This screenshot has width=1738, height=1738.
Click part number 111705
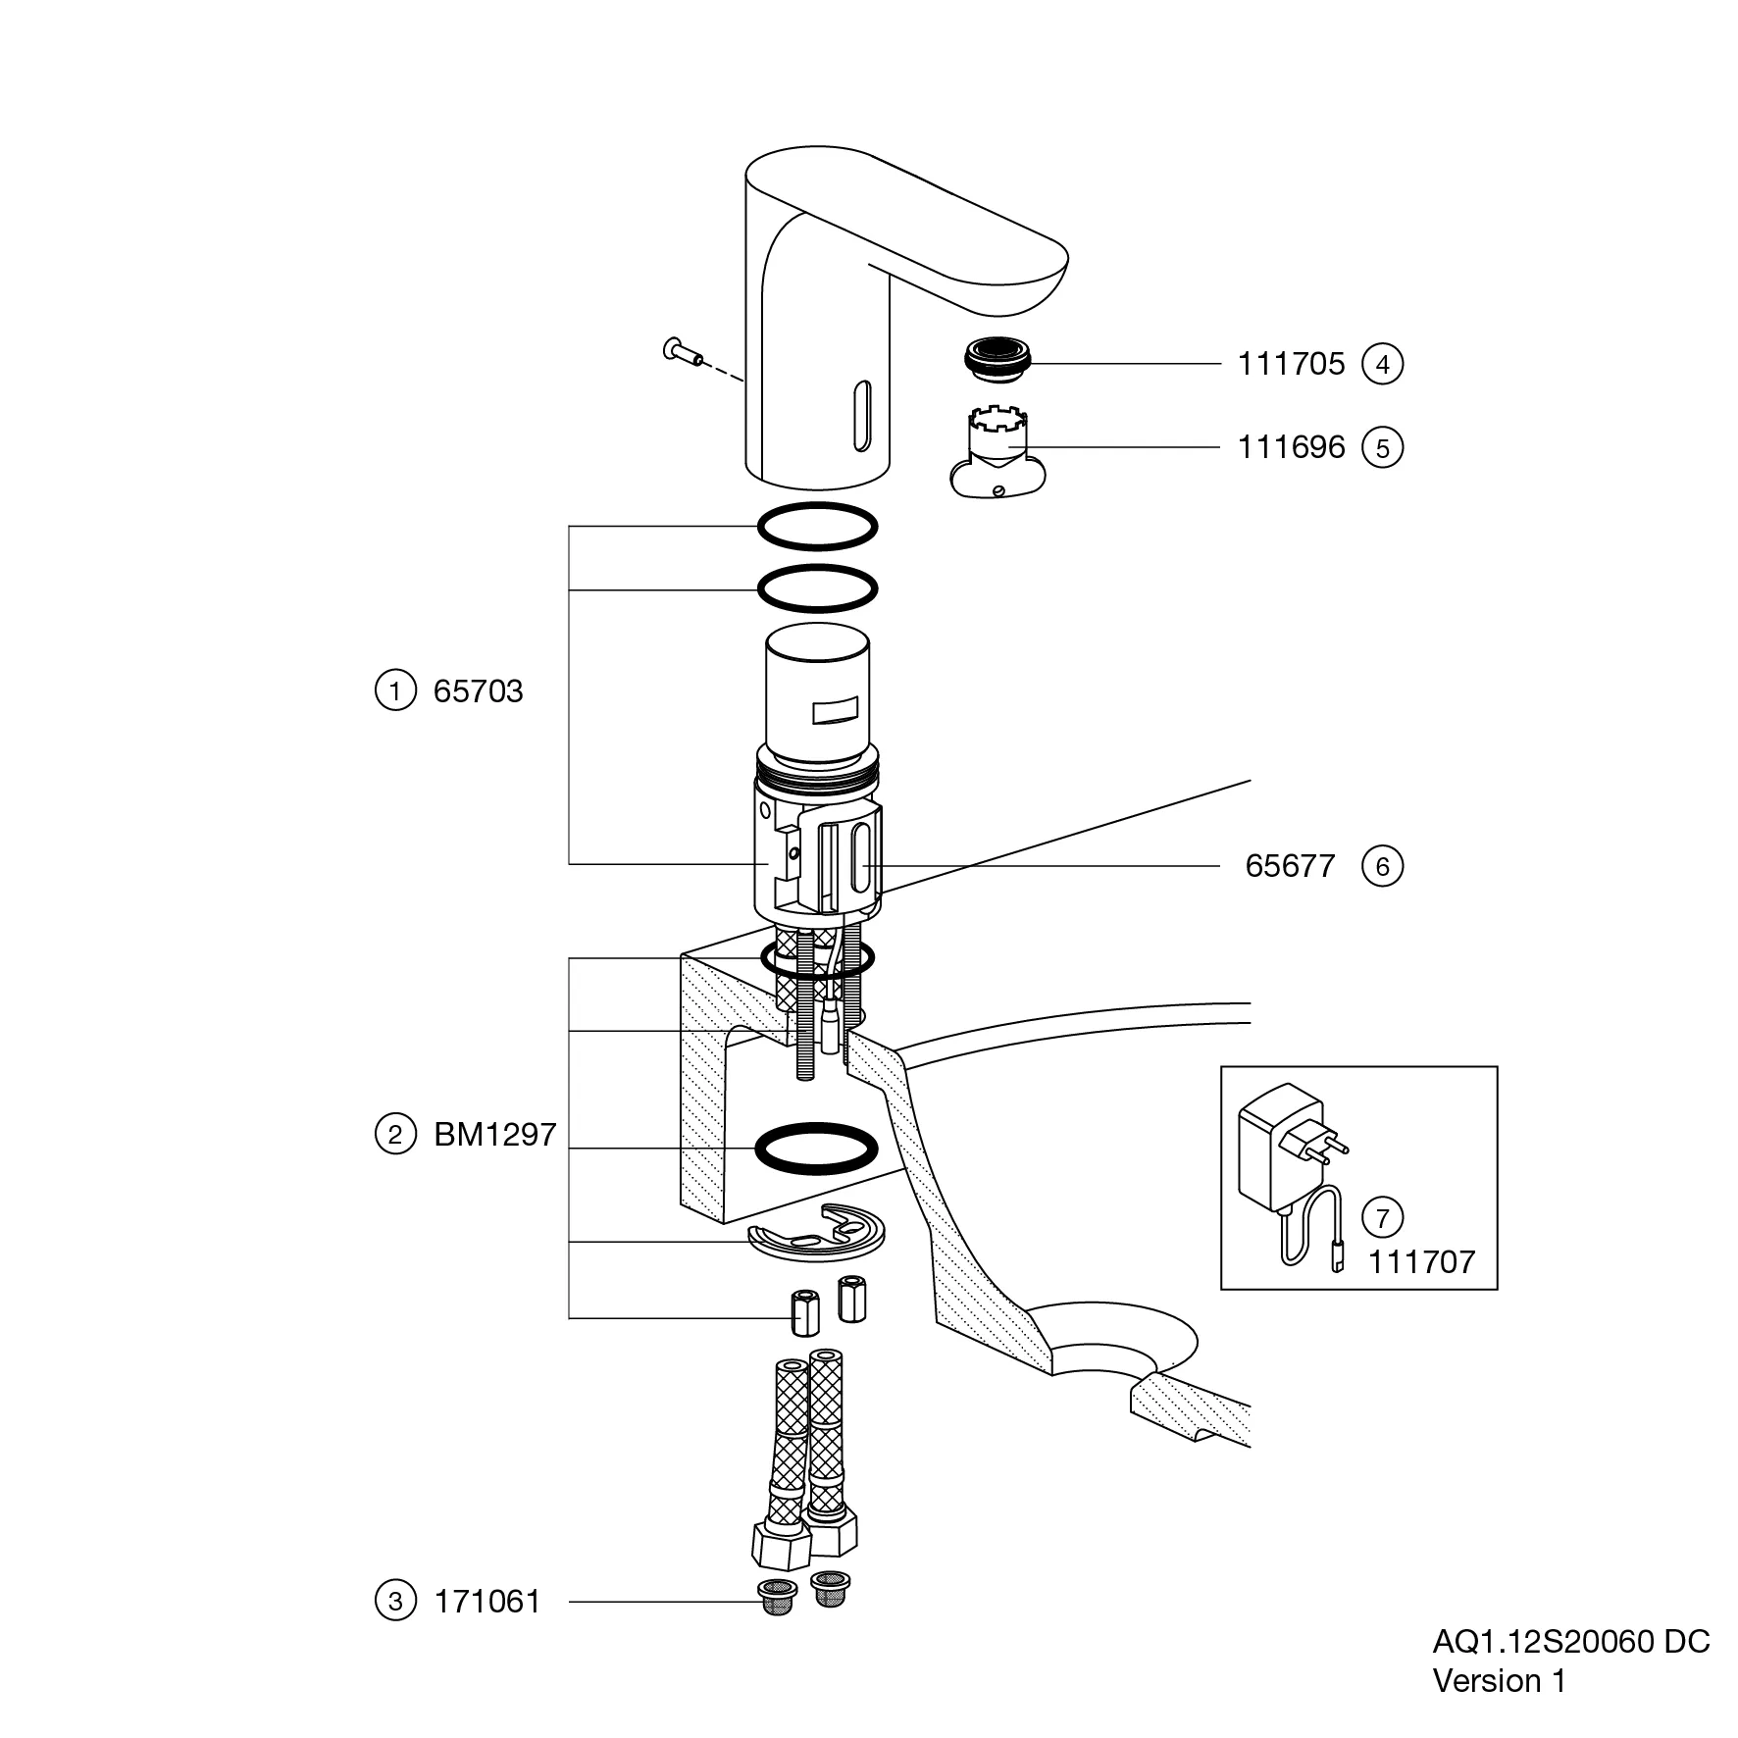click(x=1290, y=364)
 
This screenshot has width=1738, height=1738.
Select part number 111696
click(x=1290, y=447)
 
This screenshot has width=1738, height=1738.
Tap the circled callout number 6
click(x=1382, y=866)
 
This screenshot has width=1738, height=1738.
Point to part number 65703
click(x=478, y=691)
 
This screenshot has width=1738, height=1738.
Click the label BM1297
click(x=494, y=1135)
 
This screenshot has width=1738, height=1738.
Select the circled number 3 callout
click(x=395, y=1602)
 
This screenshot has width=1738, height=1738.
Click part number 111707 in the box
click(x=1421, y=1261)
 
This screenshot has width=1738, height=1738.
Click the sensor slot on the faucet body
click(x=862, y=417)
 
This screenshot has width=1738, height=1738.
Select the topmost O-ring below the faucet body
click(x=817, y=526)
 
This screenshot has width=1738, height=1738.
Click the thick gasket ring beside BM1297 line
click(x=815, y=1148)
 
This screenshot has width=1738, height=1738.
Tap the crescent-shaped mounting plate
click(x=815, y=1231)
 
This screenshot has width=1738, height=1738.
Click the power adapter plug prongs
click(x=1334, y=1143)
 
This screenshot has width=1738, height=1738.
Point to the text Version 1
click(x=1499, y=1680)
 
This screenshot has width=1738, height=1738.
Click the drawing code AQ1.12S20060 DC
click(x=1570, y=1641)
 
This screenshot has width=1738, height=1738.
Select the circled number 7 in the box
click(x=1382, y=1217)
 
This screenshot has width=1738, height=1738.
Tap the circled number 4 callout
click(x=1382, y=364)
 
